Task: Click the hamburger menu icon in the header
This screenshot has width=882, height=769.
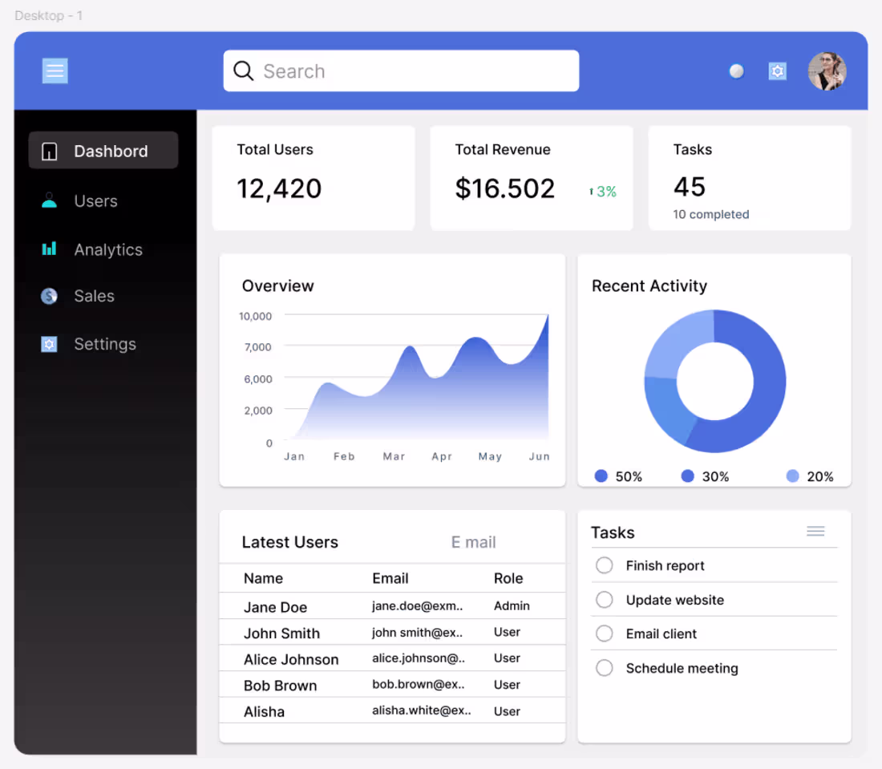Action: click(x=55, y=71)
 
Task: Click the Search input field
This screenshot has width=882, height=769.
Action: click(x=401, y=71)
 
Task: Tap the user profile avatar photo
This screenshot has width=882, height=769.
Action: click(x=827, y=71)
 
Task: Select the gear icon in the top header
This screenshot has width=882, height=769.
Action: click(x=777, y=71)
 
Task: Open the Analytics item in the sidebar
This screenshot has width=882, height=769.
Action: click(x=107, y=249)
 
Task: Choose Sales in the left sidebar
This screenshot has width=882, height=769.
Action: click(x=93, y=296)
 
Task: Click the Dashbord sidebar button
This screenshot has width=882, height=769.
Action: click(x=103, y=151)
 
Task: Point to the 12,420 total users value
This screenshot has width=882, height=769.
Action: click(x=279, y=188)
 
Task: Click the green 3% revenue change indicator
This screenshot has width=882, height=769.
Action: click(x=603, y=192)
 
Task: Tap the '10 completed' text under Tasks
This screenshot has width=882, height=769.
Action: click(x=710, y=214)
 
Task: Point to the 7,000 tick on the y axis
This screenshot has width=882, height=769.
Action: click(x=257, y=346)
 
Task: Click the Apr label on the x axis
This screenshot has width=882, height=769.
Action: click(x=442, y=456)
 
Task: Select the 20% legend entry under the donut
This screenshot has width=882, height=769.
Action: click(x=810, y=476)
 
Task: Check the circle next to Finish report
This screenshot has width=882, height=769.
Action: click(x=605, y=565)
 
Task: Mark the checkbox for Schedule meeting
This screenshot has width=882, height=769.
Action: click(x=605, y=668)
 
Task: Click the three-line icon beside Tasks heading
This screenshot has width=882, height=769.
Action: click(x=815, y=532)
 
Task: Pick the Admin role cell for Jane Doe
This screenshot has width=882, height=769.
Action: click(x=512, y=606)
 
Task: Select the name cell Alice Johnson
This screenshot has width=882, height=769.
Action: click(x=291, y=659)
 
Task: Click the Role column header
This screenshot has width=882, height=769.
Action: click(x=508, y=578)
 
